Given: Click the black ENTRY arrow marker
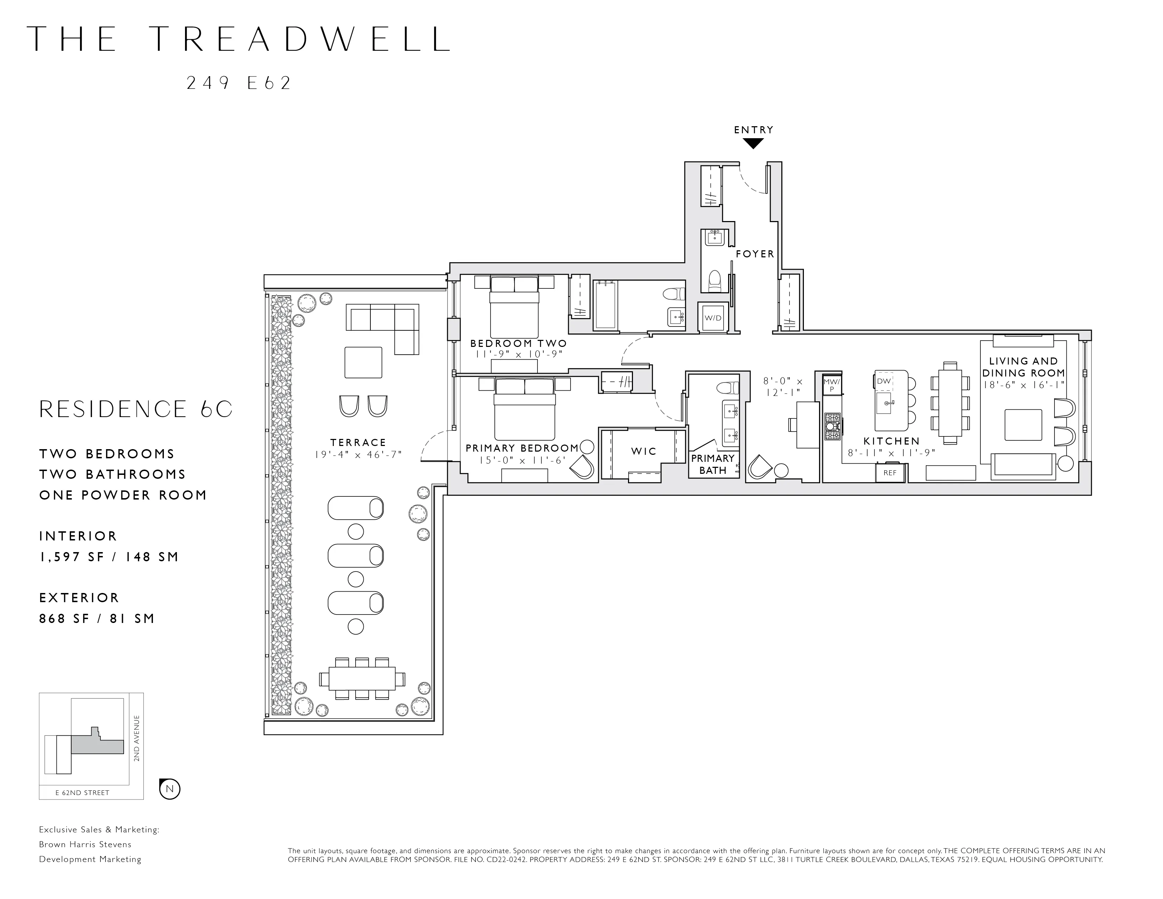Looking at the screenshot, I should coord(753,143).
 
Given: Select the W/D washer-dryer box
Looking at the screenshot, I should coord(713,318).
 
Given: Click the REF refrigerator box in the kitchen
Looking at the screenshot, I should coord(890,472).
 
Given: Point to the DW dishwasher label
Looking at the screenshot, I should coord(884,381).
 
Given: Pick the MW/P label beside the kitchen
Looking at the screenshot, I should coord(831,385).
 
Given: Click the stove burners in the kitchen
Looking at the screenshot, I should coord(832,427).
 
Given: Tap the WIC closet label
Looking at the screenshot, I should coord(644,452).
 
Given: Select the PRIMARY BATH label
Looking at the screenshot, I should coord(713,464).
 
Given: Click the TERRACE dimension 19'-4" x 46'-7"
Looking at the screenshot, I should coord(358,455).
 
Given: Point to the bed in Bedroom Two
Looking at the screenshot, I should coord(515,306).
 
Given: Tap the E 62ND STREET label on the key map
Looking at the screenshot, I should coord(82,793).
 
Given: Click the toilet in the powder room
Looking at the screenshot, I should coord(715,280).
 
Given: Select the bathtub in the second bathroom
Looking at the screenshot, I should coord(605,305).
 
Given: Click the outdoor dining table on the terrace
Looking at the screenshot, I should coord(362,679).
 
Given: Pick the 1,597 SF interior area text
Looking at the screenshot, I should coord(109,557).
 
